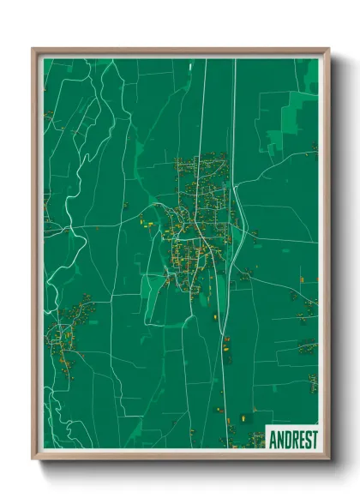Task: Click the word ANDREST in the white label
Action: pos(293,440)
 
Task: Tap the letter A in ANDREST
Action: pos(273,440)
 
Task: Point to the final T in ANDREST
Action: pos(315,440)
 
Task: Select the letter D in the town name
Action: pos(287,440)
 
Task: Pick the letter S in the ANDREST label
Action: pos(308,440)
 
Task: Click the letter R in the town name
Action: pos(294,440)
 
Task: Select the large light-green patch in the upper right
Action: pos(291,120)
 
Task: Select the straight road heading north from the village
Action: pos(203,103)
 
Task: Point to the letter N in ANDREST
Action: pos(279,440)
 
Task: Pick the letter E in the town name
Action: pos(301,440)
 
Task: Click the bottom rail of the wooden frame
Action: pos(180,455)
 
